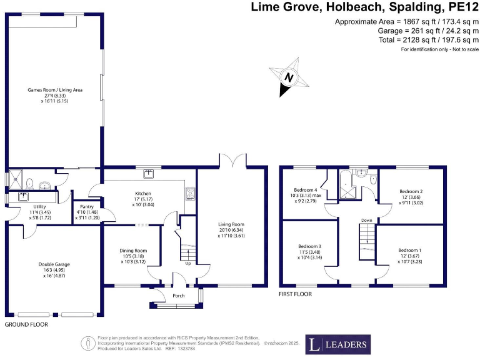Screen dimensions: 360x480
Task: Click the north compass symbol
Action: (x=288, y=78)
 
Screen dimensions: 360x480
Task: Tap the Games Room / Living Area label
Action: (x=55, y=90)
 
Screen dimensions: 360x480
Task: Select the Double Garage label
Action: (x=54, y=264)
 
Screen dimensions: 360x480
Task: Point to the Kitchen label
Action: (x=143, y=193)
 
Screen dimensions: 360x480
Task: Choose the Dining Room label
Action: (x=133, y=251)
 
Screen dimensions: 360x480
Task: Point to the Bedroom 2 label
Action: (x=411, y=191)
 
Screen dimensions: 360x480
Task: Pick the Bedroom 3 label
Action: (x=311, y=246)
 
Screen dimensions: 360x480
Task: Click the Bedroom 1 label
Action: (x=411, y=251)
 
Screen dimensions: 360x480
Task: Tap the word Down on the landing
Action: (x=367, y=220)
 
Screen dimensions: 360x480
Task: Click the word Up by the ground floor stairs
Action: (x=187, y=263)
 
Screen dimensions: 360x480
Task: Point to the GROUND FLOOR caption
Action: (x=26, y=325)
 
